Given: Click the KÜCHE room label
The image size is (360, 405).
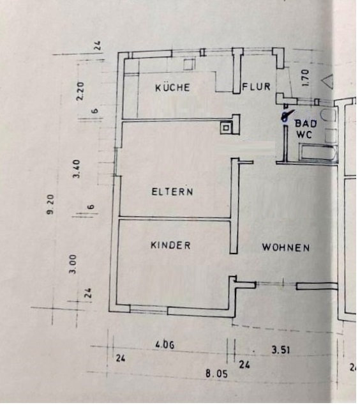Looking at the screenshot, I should pos(172,88).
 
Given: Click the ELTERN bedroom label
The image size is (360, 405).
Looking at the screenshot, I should pos(172,191).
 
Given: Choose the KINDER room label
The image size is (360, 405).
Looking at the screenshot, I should pos(170,245).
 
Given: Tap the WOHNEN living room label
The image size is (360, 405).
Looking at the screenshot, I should pos(285,247).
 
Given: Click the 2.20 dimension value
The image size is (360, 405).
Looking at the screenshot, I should pos(81,90).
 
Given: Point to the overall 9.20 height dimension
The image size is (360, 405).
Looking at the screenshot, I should pos(50,204).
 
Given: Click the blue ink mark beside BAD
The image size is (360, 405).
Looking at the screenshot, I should pos(286,116).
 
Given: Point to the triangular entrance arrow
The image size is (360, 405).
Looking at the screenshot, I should pos(327,81).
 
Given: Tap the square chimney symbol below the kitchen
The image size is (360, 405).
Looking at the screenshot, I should pos(227,127).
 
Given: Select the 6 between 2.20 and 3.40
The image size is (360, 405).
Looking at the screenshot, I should pos(94,111).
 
